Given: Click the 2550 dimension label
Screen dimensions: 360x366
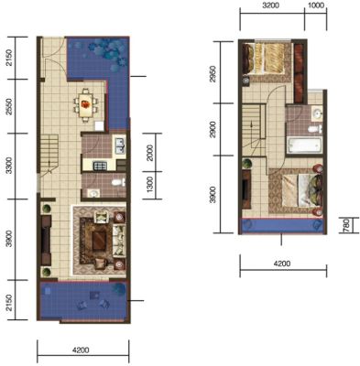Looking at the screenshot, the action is point(10,106).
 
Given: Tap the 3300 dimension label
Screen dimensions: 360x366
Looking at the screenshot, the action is point(10,166).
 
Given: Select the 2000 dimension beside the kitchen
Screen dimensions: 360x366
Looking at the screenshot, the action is point(150,153).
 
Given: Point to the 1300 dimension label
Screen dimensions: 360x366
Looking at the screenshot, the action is point(150,185).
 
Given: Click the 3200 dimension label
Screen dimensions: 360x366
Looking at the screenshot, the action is point(270,5).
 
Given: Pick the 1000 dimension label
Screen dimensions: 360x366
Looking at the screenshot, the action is point(316,5).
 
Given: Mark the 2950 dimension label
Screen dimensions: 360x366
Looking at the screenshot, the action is point(213,74).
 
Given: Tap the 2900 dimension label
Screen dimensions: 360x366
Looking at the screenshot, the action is point(213,129).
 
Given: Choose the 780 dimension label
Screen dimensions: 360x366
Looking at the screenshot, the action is point(345,225).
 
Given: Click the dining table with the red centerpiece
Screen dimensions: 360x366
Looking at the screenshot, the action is point(86,105).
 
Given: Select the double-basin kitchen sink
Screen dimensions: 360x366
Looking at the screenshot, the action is point(119,145).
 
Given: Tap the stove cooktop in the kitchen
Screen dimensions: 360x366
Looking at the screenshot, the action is point(99,166).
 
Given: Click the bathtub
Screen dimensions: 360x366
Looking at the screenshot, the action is point(304,145).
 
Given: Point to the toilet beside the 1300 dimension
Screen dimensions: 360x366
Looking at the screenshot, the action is point(119,183).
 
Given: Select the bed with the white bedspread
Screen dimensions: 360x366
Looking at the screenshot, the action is point(301,190).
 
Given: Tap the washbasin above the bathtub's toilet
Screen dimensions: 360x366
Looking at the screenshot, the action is point(318,113).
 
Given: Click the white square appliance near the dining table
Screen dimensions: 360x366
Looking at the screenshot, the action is point(99,126).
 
